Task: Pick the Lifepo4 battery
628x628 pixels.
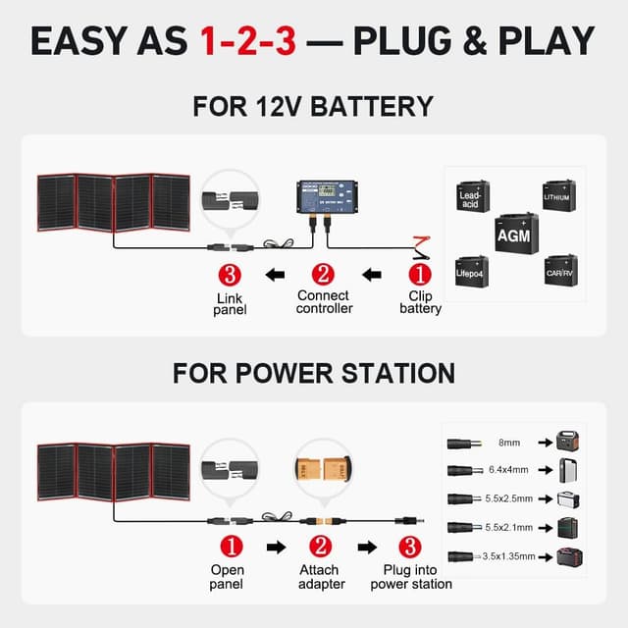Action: pyautogui.click(x=472, y=269)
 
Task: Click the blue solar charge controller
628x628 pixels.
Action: pyautogui.click(x=325, y=202)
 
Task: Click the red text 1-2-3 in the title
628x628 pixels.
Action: pyautogui.click(x=247, y=41)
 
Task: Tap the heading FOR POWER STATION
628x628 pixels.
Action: pyautogui.click(x=314, y=373)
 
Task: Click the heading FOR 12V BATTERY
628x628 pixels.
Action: pyautogui.click(x=314, y=106)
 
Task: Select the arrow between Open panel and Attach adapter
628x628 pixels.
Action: pyautogui.click(x=276, y=547)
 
